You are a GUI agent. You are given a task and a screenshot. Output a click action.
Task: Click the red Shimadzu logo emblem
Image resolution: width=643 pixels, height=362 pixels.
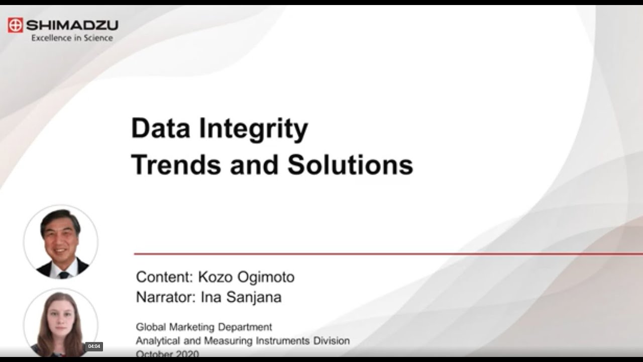tap(16, 25)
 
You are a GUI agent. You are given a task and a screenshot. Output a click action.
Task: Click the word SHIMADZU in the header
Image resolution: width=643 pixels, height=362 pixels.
tap(72, 25)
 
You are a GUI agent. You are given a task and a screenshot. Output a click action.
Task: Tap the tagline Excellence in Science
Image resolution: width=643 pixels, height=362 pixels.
tap(72, 38)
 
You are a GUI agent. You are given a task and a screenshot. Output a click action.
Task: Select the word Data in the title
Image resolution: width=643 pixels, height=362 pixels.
tap(160, 129)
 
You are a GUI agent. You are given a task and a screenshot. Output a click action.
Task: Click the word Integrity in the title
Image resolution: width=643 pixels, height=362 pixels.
tap(253, 130)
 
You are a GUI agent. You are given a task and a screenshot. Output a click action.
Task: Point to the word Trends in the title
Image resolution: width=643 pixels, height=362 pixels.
tap(176, 164)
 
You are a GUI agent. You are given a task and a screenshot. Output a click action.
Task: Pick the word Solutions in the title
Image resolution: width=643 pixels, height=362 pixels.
tap(350, 164)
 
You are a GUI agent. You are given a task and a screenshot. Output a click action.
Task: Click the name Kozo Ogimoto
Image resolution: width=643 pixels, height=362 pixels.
tap(246, 277)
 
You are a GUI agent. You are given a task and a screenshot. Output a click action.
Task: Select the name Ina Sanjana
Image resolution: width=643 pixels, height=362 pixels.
tap(241, 297)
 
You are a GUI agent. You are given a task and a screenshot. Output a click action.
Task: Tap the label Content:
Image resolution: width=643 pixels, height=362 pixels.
tap(165, 277)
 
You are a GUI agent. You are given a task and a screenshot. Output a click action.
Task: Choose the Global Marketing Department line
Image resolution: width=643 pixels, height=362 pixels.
tap(204, 327)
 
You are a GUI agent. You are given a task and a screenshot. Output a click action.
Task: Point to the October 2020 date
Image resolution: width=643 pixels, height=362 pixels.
tap(167, 354)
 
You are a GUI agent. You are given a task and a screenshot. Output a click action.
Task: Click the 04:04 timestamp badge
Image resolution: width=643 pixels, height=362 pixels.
tap(94, 346)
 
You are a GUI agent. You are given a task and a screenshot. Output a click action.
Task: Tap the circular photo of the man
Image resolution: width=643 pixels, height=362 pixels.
tap(61, 242)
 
